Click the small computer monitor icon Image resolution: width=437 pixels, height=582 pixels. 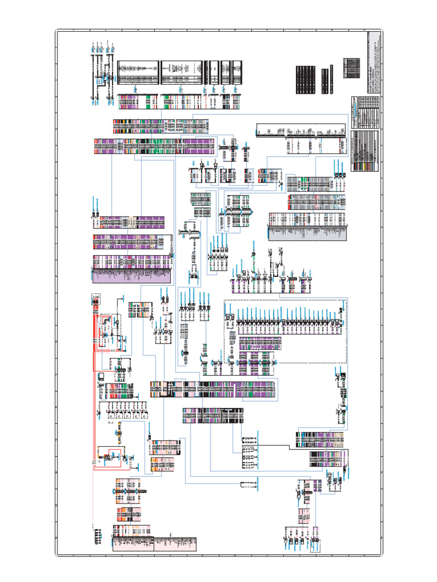pos(101,377)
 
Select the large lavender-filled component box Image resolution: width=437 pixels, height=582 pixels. pos(131,269)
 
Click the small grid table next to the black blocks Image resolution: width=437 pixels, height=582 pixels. pos(352,68)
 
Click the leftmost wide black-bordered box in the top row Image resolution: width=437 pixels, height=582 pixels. pos(138,72)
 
